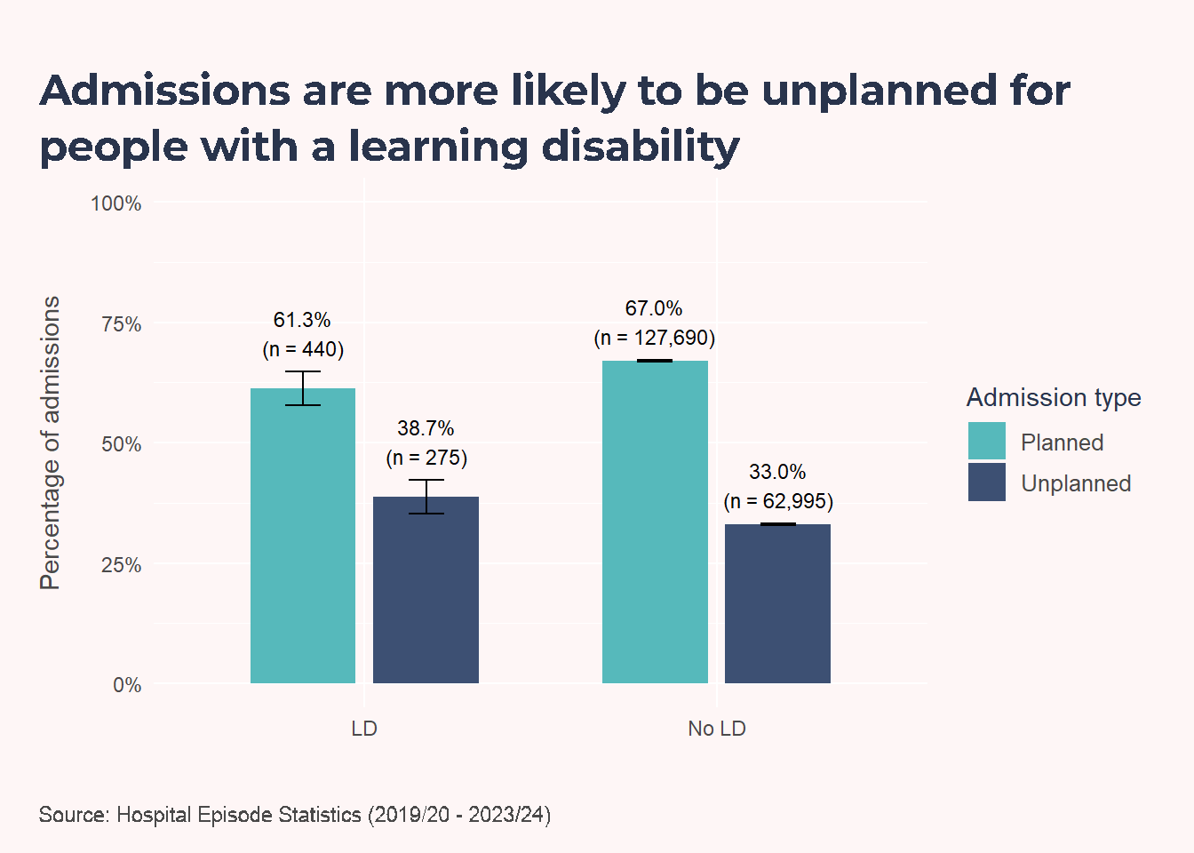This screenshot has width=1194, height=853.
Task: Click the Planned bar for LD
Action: [303, 535]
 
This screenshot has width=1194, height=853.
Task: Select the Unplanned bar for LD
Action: [426, 590]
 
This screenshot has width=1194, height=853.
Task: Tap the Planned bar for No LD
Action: [655, 522]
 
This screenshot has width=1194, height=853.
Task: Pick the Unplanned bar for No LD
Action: [777, 603]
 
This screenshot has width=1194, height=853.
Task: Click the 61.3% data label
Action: [302, 320]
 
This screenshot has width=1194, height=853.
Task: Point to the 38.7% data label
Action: [426, 428]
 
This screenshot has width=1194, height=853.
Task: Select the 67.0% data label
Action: [654, 308]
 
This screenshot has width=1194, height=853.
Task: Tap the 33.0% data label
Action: [777, 472]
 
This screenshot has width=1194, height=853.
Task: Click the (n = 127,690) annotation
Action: [655, 338]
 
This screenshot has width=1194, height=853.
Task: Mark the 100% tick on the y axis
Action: [116, 203]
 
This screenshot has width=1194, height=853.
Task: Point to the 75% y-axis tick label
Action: [122, 324]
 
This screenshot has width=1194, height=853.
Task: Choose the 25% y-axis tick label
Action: [122, 564]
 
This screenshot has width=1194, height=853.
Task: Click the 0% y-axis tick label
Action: [127, 685]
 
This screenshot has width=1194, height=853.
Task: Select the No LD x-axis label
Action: [717, 729]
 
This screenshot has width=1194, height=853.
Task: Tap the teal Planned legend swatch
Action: [987, 441]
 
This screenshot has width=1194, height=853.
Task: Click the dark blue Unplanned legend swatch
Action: [987, 482]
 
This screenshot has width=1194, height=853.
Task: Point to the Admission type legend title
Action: [1054, 398]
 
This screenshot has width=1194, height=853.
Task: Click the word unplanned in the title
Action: [880, 92]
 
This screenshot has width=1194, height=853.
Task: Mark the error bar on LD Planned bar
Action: [303, 388]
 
